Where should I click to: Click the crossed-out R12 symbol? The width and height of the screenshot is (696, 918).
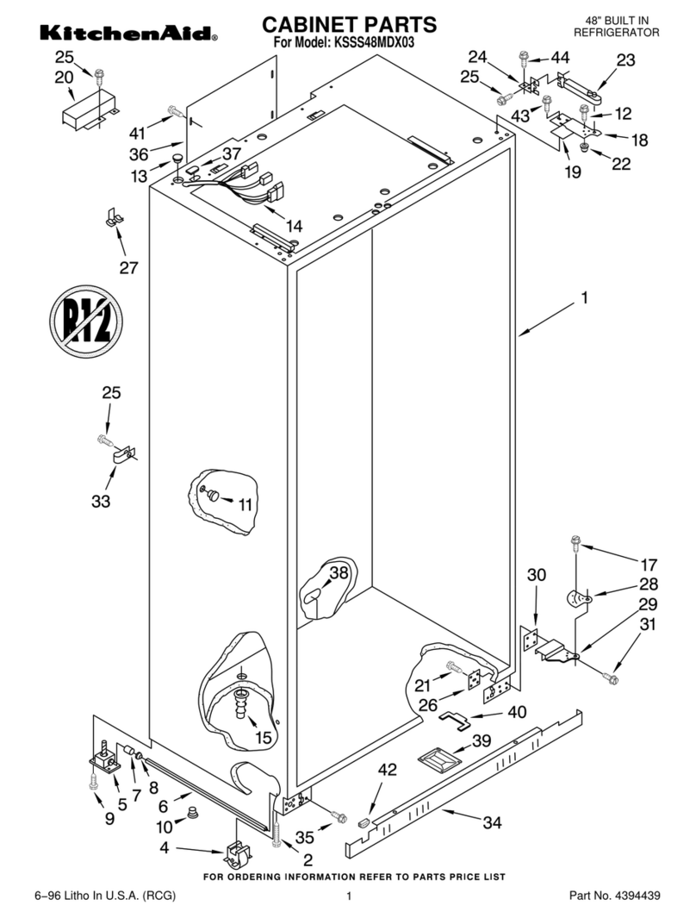(84, 321)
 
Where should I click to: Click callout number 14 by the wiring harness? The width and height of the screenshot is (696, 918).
(294, 226)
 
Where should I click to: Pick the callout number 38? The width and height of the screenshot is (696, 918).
(339, 571)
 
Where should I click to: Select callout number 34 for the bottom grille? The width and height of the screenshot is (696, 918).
(491, 822)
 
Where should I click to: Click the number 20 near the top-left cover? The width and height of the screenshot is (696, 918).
(65, 78)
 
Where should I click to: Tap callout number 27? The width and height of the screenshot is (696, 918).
(128, 268)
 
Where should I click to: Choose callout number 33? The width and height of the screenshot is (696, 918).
(101, 501)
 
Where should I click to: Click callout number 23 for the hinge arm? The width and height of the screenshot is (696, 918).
(626, 60)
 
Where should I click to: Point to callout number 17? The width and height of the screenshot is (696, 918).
(648, 566)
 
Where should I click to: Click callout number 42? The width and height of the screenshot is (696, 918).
(388, 771)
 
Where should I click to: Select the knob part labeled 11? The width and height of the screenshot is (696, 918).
(213, 494)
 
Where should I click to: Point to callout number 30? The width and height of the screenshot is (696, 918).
(536, 575)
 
